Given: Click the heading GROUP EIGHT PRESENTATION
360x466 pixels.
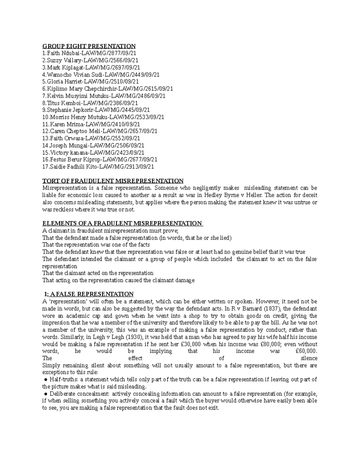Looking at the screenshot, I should tap(89, 46).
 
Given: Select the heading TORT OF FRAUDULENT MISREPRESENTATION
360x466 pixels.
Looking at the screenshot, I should tap(113, 181).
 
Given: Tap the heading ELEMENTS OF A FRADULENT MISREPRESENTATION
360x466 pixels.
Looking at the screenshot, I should tap(122, 224).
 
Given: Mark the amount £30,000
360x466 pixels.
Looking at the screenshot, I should tap(190, 344).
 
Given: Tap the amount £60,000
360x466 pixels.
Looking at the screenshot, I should tap(306, 351).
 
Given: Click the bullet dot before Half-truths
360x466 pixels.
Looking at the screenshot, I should tap(46, 380).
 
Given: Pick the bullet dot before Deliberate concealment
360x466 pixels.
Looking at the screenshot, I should tap(46, 394).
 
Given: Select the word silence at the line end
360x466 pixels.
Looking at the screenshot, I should tap(309, 358).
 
